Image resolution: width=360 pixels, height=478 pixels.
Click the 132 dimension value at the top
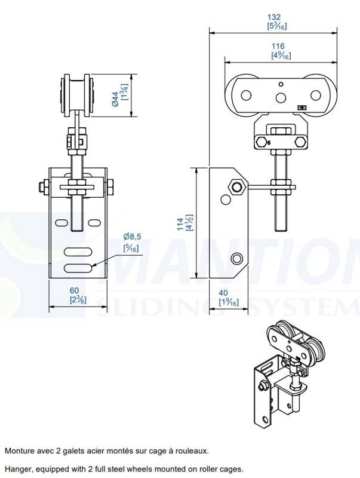tap(273, 17)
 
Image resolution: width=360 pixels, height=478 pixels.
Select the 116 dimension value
tap(278, 46)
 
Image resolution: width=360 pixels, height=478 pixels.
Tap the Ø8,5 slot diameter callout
tap(132, 237)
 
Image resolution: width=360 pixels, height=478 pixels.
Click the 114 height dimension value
tap(181, 224)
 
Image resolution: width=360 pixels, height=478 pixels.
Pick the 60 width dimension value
tap(74, 290)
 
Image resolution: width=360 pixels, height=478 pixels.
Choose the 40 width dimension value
tap(223, 293)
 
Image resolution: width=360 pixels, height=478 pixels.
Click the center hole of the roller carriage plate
tap(281, 97)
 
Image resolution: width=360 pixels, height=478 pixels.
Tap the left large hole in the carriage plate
tap(246, 96)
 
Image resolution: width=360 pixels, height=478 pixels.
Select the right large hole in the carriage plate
tap(316, 96)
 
